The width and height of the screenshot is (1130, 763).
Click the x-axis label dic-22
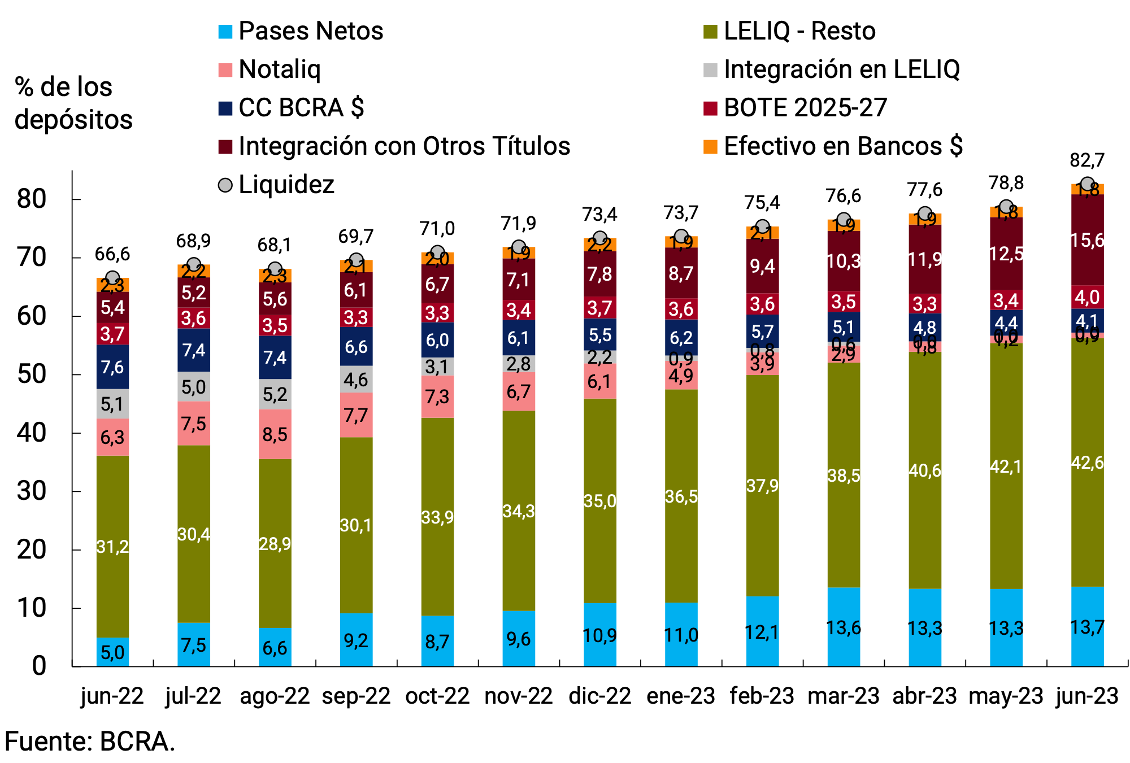click(599, 696)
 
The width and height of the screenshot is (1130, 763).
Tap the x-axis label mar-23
click(843, 696)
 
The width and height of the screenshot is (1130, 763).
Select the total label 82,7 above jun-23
click(1086, 160)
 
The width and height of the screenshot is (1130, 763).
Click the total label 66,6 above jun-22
click(112, 254)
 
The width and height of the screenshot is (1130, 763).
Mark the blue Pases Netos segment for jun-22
click(112, 652)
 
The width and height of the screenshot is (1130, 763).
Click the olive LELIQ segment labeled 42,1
click(1006, 466)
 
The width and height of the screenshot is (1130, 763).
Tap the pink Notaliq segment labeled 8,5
click(275, 434)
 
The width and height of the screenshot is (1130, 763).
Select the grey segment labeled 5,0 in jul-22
click(194, 387)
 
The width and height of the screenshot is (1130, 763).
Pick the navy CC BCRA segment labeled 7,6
click(112, 367)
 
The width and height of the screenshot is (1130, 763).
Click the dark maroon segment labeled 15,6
click(1087, 240)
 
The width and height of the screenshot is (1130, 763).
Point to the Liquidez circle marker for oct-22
click(437, 252)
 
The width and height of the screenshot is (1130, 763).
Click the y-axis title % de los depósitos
click(73, 103)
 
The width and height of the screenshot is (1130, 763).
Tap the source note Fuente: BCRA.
click(90, 742)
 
